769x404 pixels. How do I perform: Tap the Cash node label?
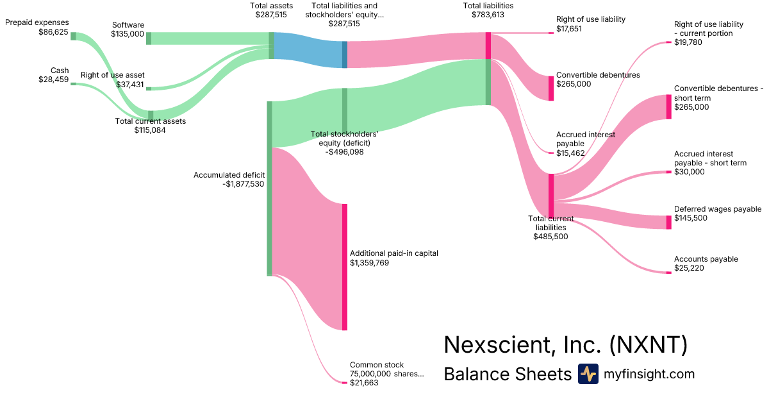pos(59,71)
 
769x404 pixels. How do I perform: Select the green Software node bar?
pos(149,38)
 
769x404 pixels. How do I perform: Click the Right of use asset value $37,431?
pos(130,84)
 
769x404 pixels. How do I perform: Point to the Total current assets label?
pos(150,121)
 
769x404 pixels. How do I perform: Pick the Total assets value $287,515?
pos(272,14)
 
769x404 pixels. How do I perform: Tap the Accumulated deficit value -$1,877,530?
pos(243,183)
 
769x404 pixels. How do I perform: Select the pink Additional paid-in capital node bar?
pos(344,267)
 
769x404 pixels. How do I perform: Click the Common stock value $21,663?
pos(364,382)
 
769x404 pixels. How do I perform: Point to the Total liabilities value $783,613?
pos(488,14)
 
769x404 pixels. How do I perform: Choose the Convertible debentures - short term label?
pos(718,93)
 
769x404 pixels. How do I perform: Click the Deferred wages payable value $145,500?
pos(691,218)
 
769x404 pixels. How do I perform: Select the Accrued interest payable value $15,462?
pos(570,153)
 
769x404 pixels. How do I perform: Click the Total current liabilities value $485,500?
pos(550,236)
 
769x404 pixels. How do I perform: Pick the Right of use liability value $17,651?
pos(569,29)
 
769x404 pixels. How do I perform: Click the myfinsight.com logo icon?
pos(588,374)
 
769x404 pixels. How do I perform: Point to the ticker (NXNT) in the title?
pos(648,345)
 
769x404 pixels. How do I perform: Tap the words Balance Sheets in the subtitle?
pos(507,374)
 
